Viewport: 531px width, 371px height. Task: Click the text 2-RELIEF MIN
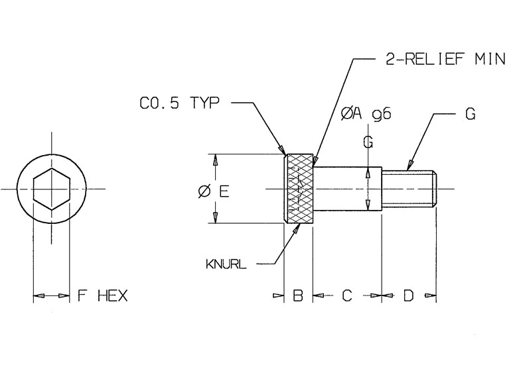click(x=445, y=60)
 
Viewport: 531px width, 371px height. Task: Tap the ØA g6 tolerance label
click(x=365, y=114)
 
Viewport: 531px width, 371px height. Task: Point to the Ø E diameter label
click(x=214, y=191)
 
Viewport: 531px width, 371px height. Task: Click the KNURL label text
click(x=226, y=264)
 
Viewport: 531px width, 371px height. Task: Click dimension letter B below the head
click(x=298, y=295)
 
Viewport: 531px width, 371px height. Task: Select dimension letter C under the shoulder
click(x=346, y=295)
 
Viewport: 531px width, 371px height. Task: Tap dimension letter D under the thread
click(x=408, y=295)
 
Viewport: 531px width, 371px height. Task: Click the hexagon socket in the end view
click(x=51, y=189)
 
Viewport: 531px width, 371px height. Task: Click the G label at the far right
click(x=469, y=114)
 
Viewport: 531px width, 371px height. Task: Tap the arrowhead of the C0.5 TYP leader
click(x=283, y=151)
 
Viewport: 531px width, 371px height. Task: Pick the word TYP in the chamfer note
click(x=203, y=104)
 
